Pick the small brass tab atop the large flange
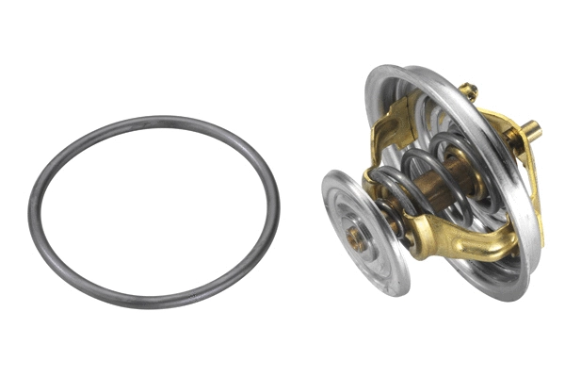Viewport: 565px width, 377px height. click(468, 92)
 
